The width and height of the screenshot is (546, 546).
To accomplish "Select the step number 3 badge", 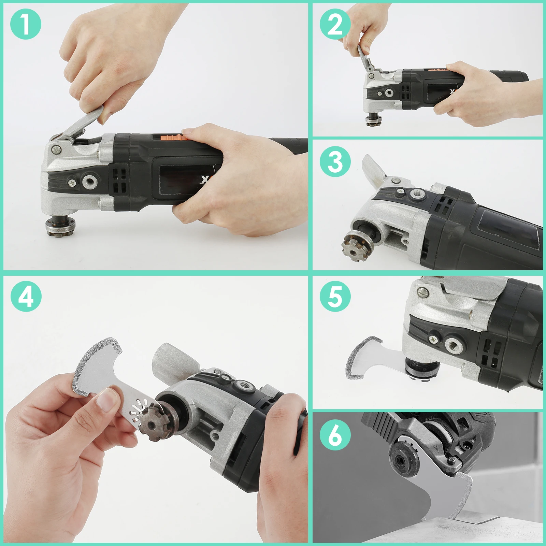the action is click(x=335, y=161).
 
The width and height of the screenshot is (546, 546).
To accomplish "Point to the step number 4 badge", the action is click(x=26, y=296).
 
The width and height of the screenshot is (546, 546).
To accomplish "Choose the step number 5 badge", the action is click(x=335, y=296).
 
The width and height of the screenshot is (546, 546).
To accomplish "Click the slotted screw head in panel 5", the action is click(x=423, y=292).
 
